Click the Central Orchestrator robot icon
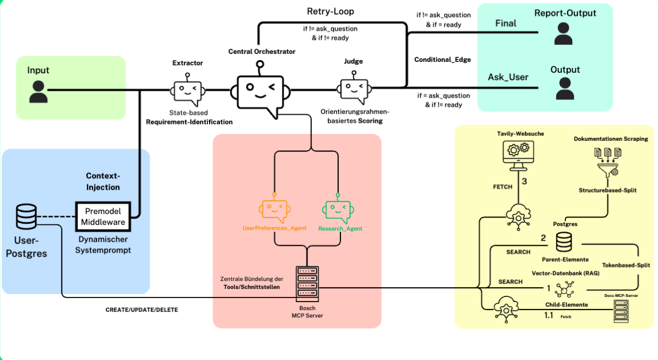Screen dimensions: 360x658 point(260,91)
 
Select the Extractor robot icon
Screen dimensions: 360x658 point(188,91)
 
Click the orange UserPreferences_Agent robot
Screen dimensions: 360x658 point(274,211)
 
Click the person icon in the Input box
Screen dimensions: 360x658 point(38,91)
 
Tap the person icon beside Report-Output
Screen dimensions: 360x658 point(563,34)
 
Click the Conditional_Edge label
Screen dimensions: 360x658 point(443,60)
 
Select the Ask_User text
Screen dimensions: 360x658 point(508,77)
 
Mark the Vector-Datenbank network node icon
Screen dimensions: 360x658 point(565,290)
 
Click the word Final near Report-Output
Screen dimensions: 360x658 point(506,24)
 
